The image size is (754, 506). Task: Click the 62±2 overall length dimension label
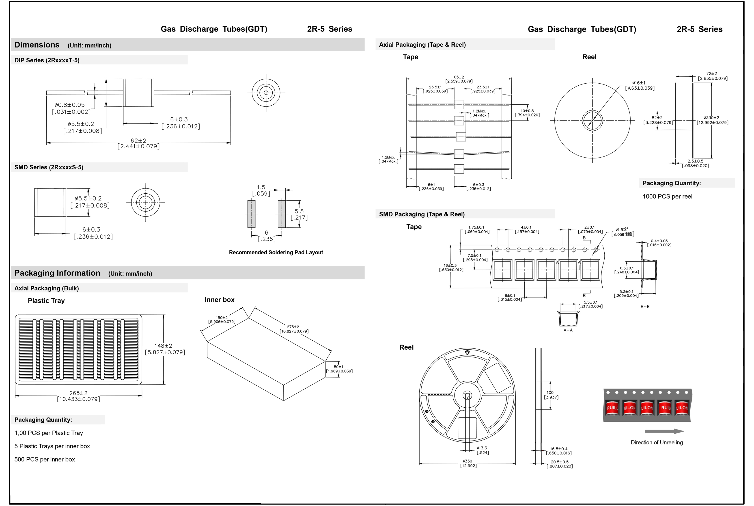(x=138, y=141)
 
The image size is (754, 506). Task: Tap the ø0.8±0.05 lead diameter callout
(x=70, y=105)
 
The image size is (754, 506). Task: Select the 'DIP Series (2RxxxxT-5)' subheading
(x=47, y=60)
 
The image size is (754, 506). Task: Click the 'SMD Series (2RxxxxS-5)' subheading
(x=49, y=167)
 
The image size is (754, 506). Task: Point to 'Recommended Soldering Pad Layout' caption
(x=276, y=252)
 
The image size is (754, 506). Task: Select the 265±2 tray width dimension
(x=78, y=393)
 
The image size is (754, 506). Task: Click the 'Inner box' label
(x=219, y=300)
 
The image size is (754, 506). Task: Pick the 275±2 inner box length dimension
(x=293, y=327)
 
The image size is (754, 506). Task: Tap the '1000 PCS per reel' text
(x=667, y=197)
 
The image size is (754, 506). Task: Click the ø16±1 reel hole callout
(x=639, y=83)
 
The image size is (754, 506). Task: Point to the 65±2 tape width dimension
(x=459, y=77)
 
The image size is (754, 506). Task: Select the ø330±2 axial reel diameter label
(x=711, y=118)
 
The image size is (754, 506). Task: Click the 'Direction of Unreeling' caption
(x=657, y=442)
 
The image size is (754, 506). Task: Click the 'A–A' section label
(x=568, y=330)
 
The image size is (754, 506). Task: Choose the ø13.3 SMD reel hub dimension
(x=482, y=448)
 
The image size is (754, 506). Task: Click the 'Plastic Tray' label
(x=46, y=301)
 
